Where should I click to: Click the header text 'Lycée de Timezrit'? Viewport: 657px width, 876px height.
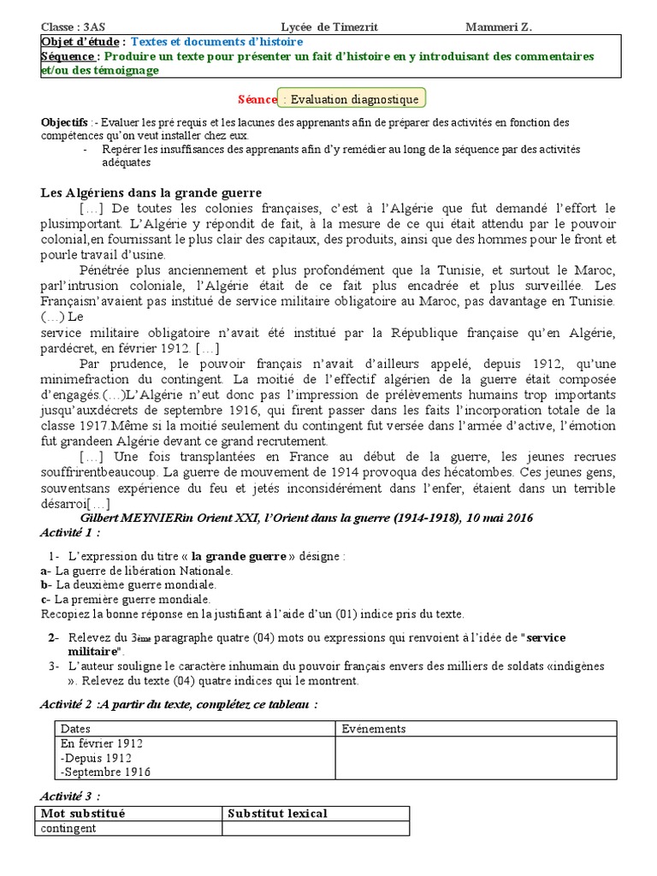pos(329,27)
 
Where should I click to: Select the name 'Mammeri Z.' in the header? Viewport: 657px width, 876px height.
pos(498,27)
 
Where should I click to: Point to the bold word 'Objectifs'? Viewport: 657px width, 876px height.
pos(64,122)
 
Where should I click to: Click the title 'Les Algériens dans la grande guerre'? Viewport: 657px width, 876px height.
pos(151,192)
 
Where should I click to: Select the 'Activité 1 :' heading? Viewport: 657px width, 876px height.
pos(70,533)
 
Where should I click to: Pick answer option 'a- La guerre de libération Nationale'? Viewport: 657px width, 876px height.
pos(136,571)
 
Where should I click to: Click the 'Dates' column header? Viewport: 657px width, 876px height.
pos(75,729)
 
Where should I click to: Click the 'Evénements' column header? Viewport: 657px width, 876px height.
pos(373,729)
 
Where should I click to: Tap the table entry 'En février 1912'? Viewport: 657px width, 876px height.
pos(102,743)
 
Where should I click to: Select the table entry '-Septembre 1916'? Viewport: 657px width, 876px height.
pos(105,772)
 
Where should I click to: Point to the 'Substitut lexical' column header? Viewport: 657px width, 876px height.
pos(277,814)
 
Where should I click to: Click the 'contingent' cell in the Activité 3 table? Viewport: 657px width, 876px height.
pos(69,828)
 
